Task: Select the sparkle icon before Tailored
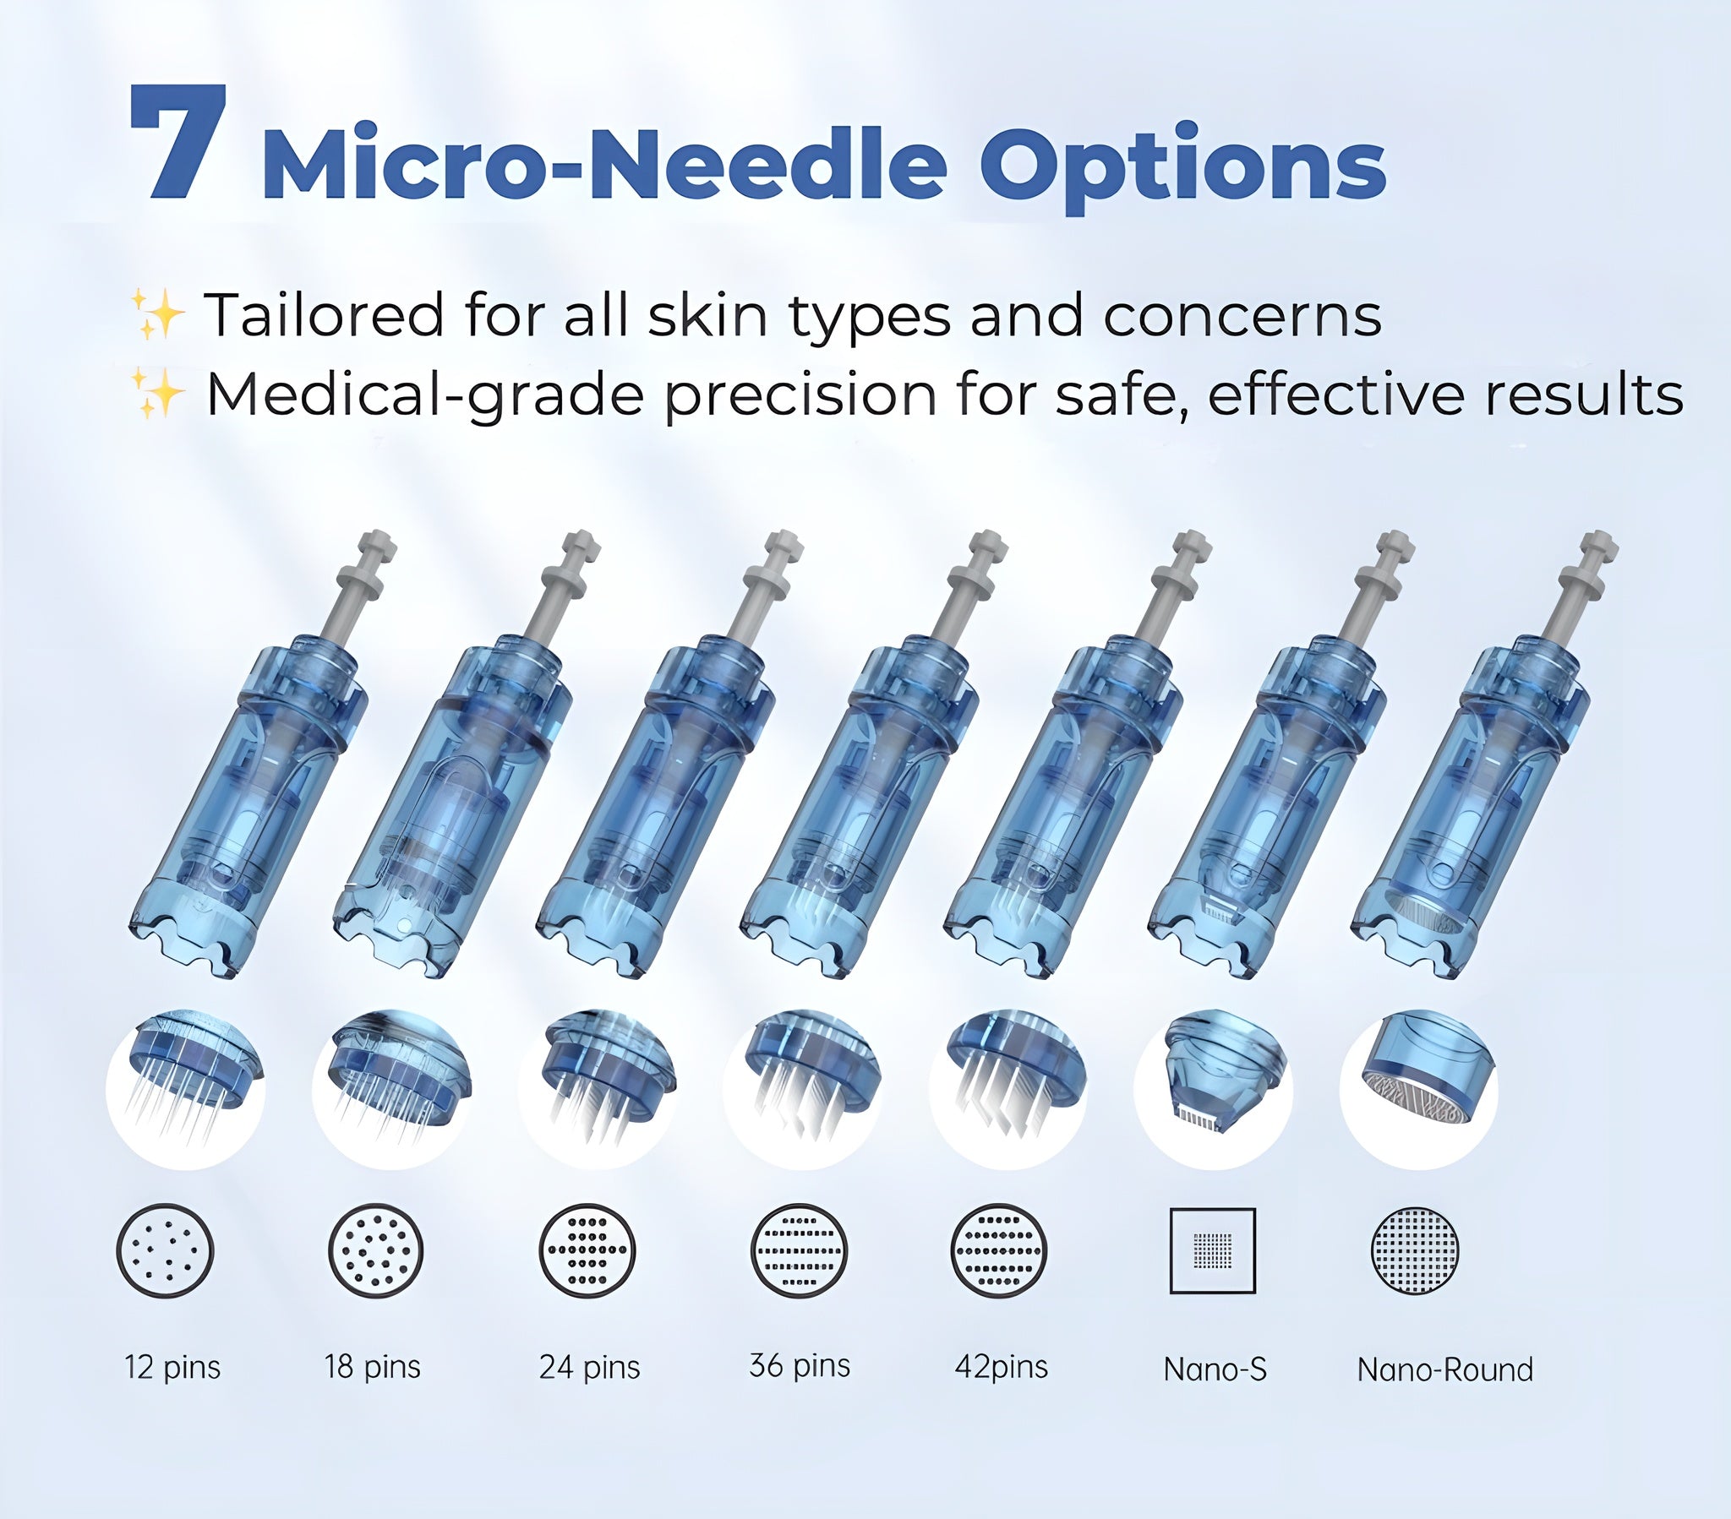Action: pos(157,313)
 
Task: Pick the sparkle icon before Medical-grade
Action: pos(157,393)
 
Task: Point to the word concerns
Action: pos(1242,315)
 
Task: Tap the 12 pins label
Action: pos(172,1368)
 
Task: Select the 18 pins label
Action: pos(373,1367)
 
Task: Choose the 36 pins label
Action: pos(800,1366)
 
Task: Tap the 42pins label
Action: pos(1001,1367)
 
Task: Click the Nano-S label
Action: pos(1215,1369)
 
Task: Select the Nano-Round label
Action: pos(1444,1369)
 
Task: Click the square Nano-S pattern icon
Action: pos(1212,1250)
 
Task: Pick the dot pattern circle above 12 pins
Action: pos(165,1250)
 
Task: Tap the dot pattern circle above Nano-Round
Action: pos(1415,1250)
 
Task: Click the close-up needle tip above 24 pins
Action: pos(597,1088)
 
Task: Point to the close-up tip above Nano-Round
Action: pos(1418,1088)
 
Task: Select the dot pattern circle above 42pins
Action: pos(999,1250)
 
